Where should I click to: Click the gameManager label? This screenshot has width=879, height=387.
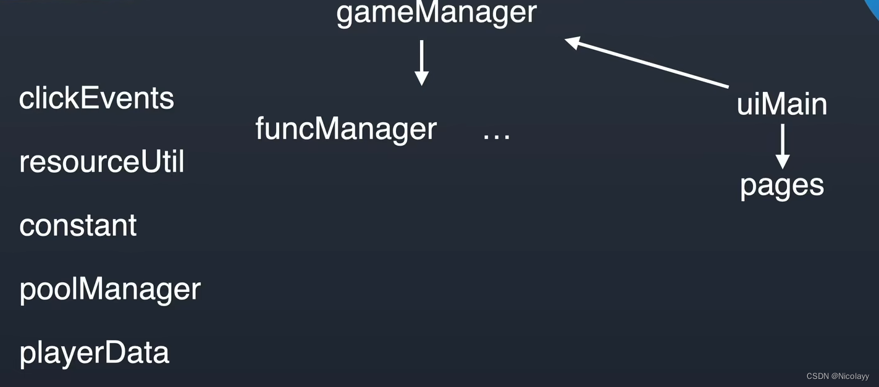[x=436, y=12]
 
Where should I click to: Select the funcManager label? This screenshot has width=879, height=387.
[x=346, y=128]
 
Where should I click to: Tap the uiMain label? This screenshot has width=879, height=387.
[x=781, y=104]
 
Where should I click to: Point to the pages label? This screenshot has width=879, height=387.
[x=782, y=185]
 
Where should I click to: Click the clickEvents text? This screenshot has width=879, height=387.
[x=96, y=98]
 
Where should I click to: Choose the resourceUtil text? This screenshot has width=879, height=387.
[x=102, y=162]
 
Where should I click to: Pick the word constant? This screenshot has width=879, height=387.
[x=78, y=225]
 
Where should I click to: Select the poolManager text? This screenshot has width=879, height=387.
[x=110, y=289]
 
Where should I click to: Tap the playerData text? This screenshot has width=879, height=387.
[x=94, y=352]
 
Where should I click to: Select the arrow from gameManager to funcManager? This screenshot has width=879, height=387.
[x=421, y=62]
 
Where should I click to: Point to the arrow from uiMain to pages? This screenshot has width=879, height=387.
[x=782, y=146]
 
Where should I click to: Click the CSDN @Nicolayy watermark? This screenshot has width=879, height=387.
[x=837, y=376]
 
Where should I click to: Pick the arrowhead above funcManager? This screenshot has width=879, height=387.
[x=421, y=78]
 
